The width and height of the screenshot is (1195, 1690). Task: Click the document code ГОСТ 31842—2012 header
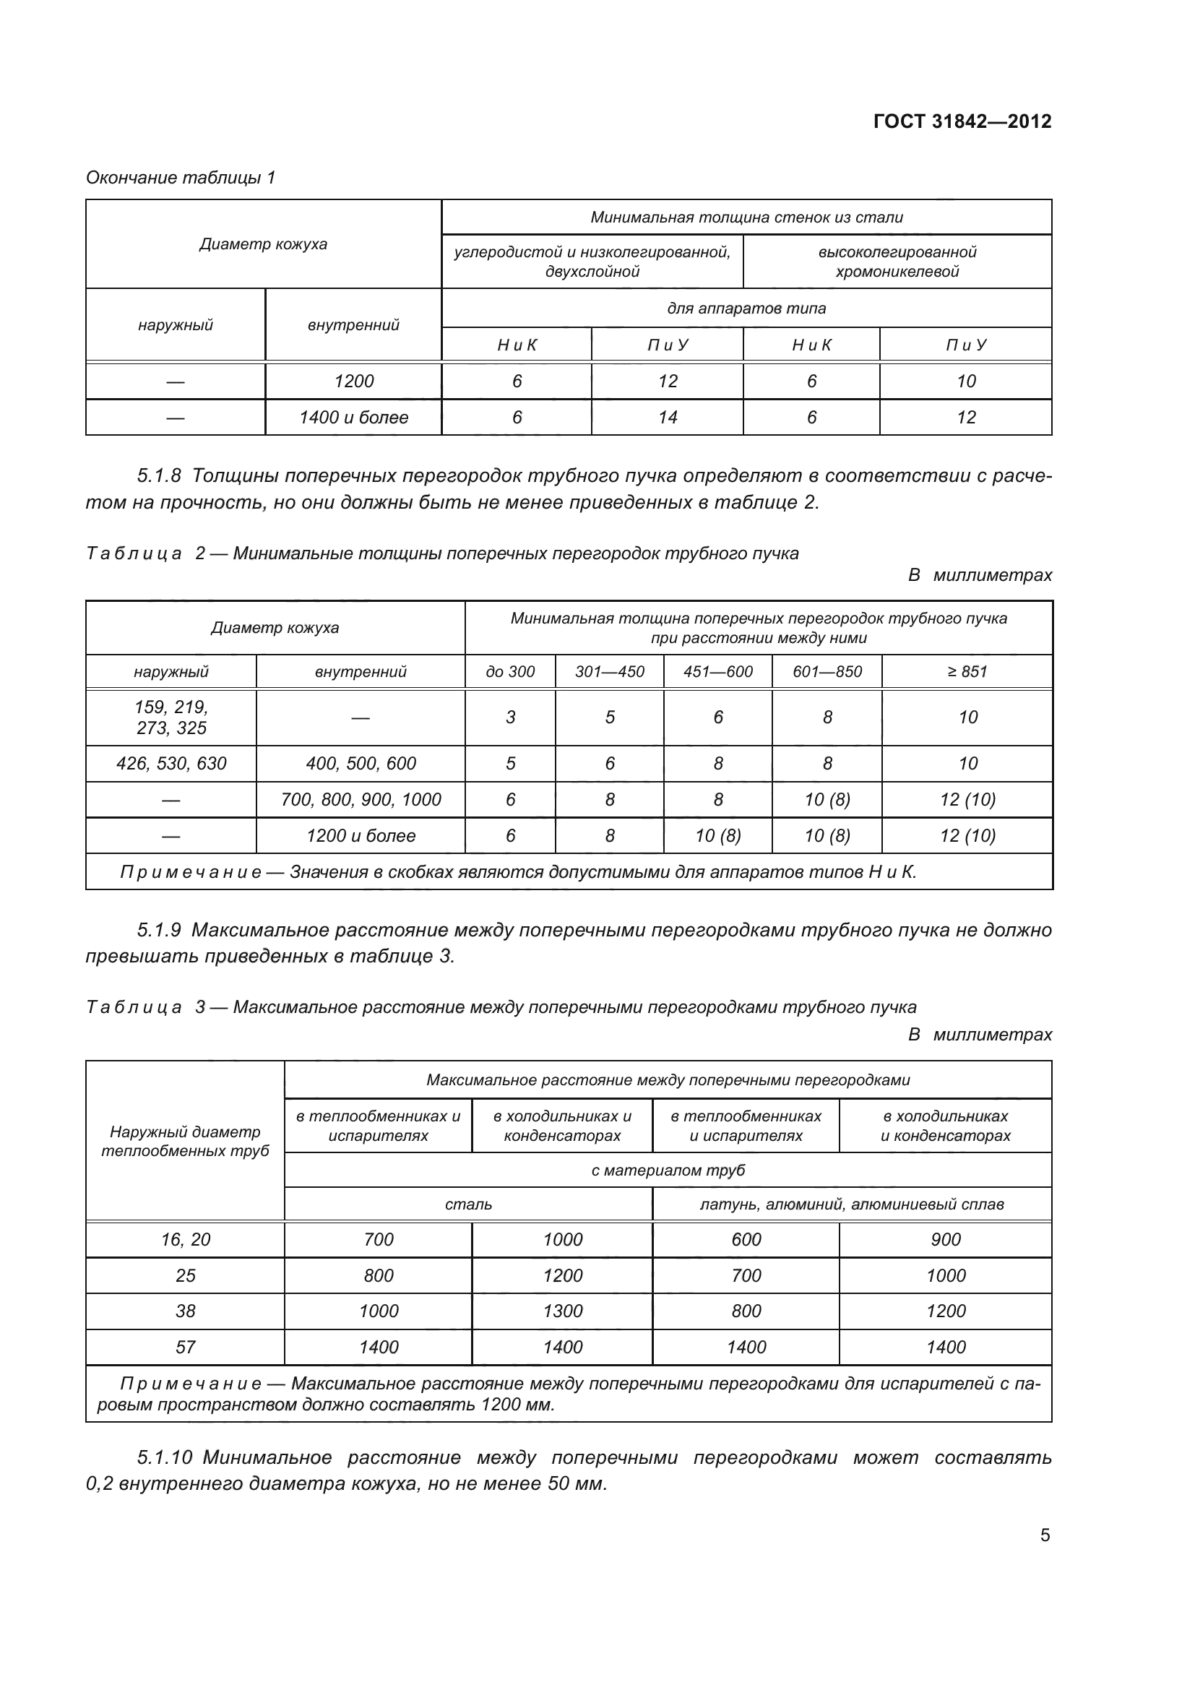point(962,121)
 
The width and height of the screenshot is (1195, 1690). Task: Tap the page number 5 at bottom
point(1045,1535)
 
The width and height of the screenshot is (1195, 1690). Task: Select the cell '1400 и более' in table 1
point(353,418)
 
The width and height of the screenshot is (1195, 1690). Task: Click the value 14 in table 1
point(667,418)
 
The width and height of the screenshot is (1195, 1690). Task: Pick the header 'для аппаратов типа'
point(746,309)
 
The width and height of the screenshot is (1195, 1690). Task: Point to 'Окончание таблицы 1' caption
point(181,178)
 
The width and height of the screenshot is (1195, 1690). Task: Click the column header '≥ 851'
point(967,671)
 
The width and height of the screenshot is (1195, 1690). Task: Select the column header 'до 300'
point(510,671)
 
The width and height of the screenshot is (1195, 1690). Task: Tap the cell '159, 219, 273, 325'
point(171,717)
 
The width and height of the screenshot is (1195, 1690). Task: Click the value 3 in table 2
point(510,717)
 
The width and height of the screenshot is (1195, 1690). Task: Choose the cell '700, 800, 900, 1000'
point(361,799)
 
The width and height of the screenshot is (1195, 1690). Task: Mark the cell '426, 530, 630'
point(171,763)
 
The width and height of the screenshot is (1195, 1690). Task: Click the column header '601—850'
point(827,671)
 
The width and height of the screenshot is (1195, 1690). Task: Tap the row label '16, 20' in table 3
point(186,1240)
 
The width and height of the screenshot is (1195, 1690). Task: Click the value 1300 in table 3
point(562,1311)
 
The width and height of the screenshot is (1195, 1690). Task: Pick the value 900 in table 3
point(946,1240)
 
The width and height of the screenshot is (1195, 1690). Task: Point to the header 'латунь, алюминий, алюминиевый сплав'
point(851,1204)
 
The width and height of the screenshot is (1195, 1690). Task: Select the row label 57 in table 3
point(186,1347)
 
